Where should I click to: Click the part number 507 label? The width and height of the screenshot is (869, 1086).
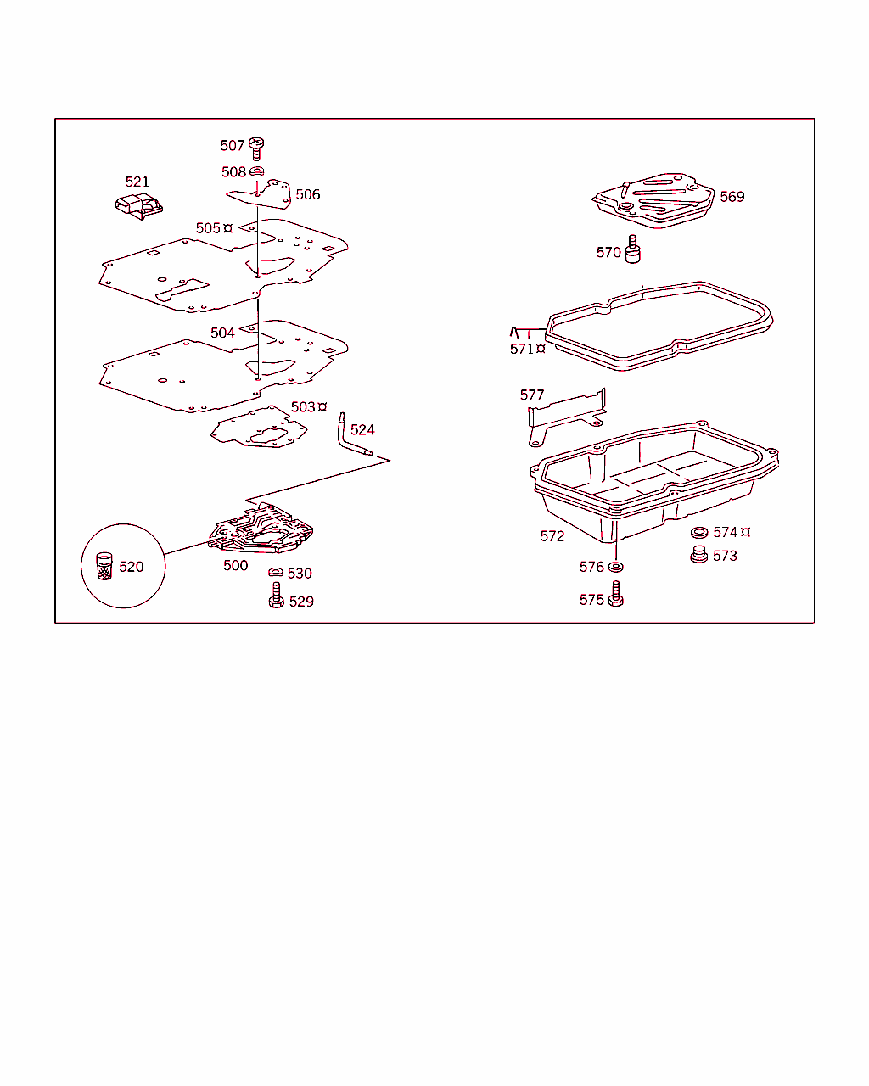click(x=233, y=146)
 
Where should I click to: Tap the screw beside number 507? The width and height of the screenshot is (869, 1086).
click(x=256, y=148)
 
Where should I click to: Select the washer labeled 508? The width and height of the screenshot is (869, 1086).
click(x=256, y=171)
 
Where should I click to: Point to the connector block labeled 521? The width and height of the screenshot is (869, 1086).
click(x=139, y=206)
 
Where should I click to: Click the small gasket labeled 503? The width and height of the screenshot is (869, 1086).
click(x=259, y=428)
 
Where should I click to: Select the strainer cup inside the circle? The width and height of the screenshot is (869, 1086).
click(x=104, y=566)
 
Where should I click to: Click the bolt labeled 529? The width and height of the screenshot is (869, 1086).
click(x=276, y=596)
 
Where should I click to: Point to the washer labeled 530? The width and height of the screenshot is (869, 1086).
click(x=275, y=572)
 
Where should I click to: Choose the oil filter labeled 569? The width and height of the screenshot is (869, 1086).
click(x=654, y=200)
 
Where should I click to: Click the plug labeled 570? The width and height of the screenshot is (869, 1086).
click(x=633, y=249)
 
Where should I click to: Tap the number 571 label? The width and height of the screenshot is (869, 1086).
click(x=522, y=350)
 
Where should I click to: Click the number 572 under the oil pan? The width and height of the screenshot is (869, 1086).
click(x=552, y=536)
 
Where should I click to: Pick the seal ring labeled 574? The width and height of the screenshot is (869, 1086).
click(x=699, y=533)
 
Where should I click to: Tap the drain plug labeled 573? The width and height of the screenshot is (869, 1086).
click(x=698, y=555)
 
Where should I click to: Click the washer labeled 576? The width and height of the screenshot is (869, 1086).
click(x=615, y=567)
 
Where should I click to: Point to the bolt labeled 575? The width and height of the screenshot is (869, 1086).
click(x=615, y=594)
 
